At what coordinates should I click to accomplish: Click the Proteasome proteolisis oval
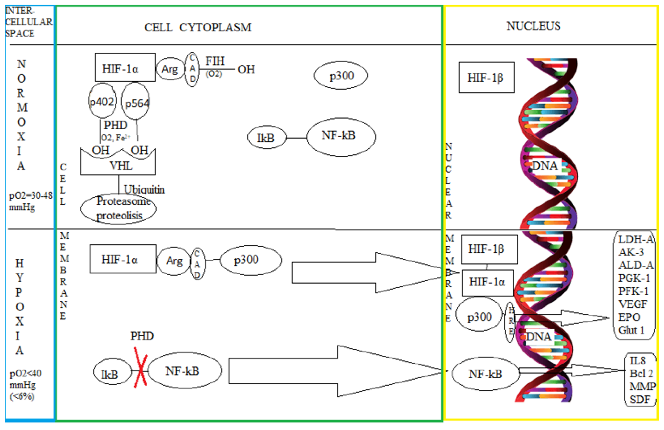coord(119,209)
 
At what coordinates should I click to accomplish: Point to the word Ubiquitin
coord(144,190)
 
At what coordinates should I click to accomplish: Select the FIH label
coord(215,61)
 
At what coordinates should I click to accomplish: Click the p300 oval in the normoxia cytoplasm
coord(341,76)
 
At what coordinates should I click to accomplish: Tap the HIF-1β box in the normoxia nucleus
coord(486,78)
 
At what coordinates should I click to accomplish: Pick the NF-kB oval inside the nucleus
coord(485,374)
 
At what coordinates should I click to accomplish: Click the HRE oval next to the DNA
coord(511,322)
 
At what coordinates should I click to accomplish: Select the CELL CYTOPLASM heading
coord(197,27)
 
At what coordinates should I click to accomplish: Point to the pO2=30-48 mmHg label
coord(30,201)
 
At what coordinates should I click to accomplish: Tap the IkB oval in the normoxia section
coord(266,137)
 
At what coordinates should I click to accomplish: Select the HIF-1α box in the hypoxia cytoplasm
coord(123,259)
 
